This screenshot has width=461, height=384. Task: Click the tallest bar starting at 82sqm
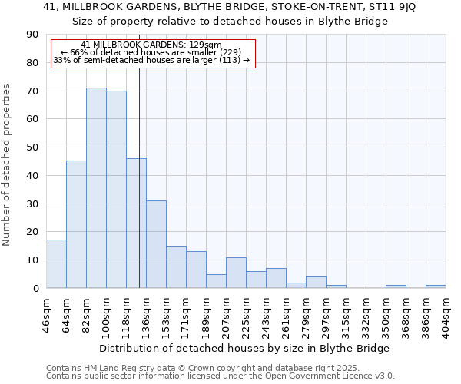click(96, 188)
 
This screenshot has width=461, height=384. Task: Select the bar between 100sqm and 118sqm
click(116, 190)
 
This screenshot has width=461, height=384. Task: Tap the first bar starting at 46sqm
click(56, 264)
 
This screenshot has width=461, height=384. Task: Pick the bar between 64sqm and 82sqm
click(76, 224)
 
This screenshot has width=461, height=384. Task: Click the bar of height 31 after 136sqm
click(156, 244)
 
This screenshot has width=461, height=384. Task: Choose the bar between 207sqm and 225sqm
click(236, 273)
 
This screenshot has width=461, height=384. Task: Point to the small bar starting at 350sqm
click(396, 286)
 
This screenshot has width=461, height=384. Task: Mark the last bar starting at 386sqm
click(436, 286)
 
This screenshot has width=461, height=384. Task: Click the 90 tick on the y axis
click(32, 35)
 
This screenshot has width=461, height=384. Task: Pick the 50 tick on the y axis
click(32, 147)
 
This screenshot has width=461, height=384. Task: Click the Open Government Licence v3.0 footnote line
click(221, 376)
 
